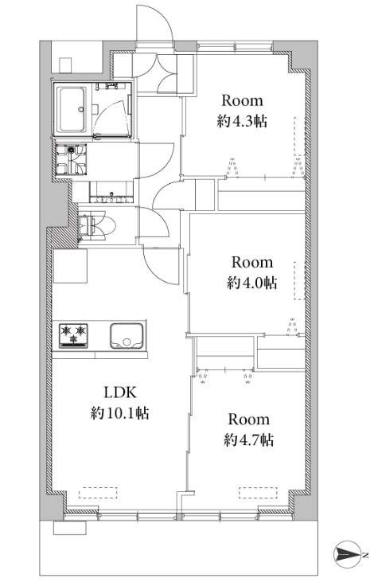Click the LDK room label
[x=119, y=393]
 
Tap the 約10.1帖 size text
[x=119, y=413]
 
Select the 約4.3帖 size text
[x=242, y=121]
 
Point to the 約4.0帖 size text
[x=252, y=283]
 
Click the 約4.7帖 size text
[x=249, y=439]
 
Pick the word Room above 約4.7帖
[x=249, y=420]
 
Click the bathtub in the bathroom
[x=71, y=110]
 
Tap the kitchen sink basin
[x=127, y=336]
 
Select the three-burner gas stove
[x=73, y=336]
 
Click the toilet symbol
[x=97, y=225]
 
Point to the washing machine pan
[x=71, y=159]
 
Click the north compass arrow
[x=347, y=554]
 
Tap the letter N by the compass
[x=365, y=554]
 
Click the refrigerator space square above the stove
[x=71, y=266]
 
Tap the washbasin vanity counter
[x=111, y=192]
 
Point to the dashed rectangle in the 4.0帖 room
[x=299, y=280]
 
